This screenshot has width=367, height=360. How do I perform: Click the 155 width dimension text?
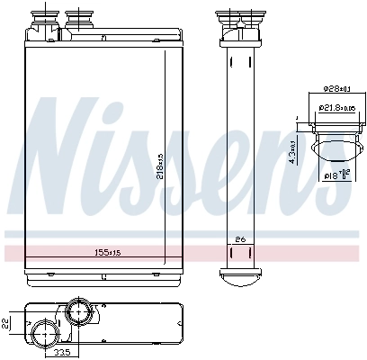click(x=108, y=253)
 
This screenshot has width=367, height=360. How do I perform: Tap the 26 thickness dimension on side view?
click(x=240, y=238)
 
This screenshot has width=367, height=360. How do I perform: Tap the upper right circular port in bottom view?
click(x=78, y=313)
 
